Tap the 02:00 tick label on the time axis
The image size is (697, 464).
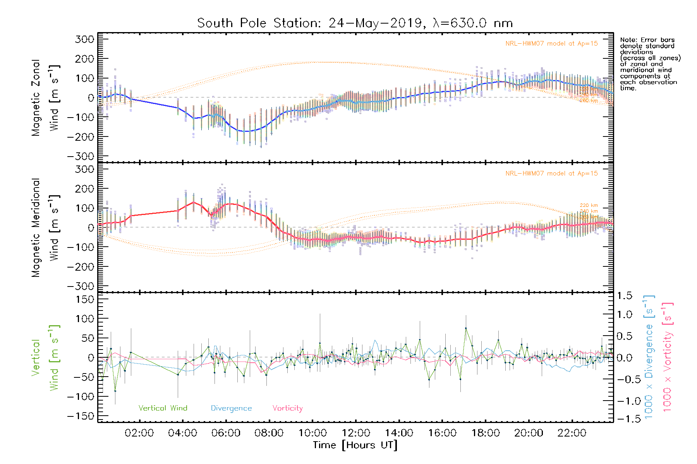tap(139, 433)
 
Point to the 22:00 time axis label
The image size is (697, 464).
tap(572, 433)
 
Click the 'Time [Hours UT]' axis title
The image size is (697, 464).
tap(355, 445)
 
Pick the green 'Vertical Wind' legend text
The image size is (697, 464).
tap(163, 408)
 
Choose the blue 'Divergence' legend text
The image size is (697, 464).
tap(231, 408)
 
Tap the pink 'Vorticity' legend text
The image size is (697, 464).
tap(287, 408)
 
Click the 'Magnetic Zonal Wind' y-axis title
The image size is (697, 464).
tap(45, 97)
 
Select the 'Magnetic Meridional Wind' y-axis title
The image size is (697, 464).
tap(45, 227)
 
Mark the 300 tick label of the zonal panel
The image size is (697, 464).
tap(84, 39)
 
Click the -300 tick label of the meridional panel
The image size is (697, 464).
tap(81, 286)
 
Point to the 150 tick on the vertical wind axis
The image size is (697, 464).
tap(84, 299)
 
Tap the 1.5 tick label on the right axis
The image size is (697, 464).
tap(624, 296)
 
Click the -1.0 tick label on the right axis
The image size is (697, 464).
tap(624, 401)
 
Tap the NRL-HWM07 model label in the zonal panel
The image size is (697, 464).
tap(551, 44)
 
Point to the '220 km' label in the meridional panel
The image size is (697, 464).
tap(589, 205)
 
